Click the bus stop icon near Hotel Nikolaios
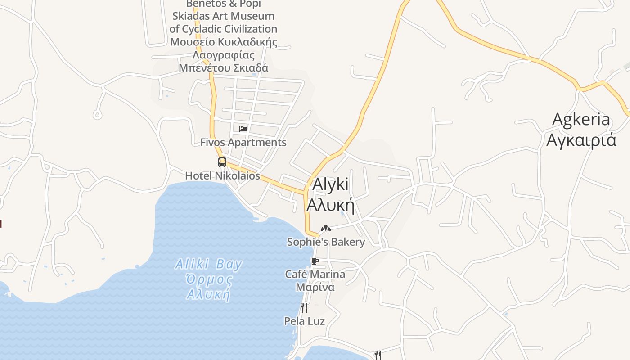point(222,162)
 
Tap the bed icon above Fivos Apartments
point(243,129)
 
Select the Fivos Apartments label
point(243,142)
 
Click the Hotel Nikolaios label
point(223,175)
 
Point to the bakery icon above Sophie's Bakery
point(326,229)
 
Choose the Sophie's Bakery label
point(326,242)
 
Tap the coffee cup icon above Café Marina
point(315,261)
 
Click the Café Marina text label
point(315,274)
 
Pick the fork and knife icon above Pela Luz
point(304,308)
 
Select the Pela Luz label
point(304,321)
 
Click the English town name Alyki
point(330,185)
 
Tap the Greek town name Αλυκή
point(330,205)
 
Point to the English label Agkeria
point(581,120)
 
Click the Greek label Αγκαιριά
point(581,140)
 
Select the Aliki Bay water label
point(209,264)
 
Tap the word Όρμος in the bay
point(209,279)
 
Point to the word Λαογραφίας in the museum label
point(224,55)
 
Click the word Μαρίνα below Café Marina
point(315,287)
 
